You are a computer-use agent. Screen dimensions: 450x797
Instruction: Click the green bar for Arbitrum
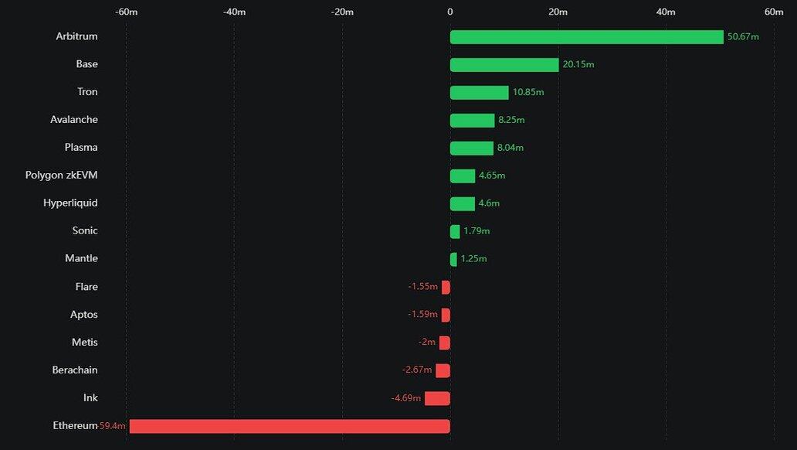[587, 37]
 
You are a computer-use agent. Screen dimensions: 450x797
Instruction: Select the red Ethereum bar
[290, 426]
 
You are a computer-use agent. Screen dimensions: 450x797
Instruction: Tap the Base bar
[504, 65]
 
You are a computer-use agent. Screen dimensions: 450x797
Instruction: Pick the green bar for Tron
[480, 93]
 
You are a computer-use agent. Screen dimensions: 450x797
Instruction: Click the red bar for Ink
[437, 398]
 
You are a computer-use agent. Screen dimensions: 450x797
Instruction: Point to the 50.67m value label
[743, 37]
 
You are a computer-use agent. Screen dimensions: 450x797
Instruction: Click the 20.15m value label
[578, 65]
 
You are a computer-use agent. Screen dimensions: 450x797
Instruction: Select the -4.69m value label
[406, 398]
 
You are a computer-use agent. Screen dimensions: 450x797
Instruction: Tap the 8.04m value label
[510, 148]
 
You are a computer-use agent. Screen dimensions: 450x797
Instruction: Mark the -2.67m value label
[417, 370]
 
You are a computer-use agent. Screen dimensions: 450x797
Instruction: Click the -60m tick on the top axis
[126, 12]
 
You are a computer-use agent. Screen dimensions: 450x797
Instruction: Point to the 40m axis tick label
[666, 12]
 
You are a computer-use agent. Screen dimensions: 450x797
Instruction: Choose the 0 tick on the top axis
[450, 12]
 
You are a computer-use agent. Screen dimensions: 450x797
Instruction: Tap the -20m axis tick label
[342, 12]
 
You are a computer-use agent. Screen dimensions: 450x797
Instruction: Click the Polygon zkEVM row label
[62, 176]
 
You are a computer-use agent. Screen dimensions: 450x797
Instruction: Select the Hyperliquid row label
[70, 203]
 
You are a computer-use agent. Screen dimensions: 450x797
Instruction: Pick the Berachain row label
[75, 370]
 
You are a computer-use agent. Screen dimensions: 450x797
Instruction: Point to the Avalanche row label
[74, 120]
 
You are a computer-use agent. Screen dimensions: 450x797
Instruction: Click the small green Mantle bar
[453, 259]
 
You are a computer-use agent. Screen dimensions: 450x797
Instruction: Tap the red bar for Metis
[445, 343]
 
